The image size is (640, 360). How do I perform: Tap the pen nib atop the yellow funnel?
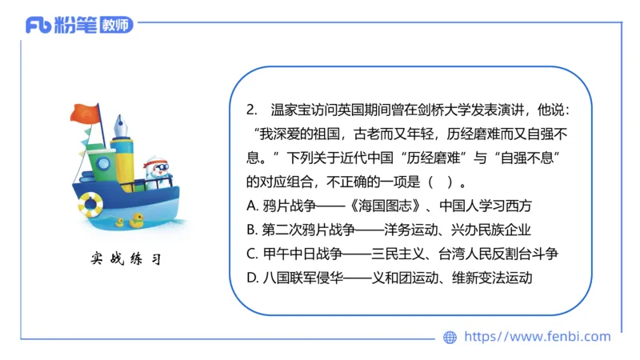point(123,125)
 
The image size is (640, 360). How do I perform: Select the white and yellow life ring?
point(90,206)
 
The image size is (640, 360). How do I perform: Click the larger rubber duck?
point(138,217)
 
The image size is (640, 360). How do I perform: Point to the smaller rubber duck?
point(121,222)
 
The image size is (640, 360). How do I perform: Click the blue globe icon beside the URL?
point(450,338)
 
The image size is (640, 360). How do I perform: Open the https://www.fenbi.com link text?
point(538,337)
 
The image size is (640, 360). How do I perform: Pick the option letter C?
point(253,254)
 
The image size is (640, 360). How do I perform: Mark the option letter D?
point(253,278)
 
